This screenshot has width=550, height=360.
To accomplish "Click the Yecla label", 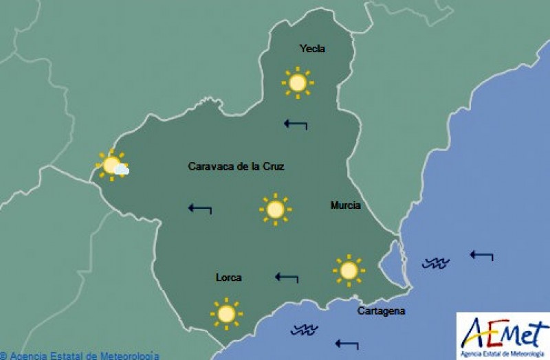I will pos(312,49).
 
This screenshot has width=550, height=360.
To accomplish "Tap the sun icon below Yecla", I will pos(297,83).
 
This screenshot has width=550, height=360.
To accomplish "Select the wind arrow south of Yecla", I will pos(296,124).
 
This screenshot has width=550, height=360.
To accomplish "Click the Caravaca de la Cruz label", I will pos(236,166).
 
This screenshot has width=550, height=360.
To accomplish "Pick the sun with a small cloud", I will pos(112,166).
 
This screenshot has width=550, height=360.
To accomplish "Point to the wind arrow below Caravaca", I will pos(200,207).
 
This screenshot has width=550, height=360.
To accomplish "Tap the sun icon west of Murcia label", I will pos(275,210).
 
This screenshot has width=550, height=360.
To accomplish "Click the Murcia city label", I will pos(345,205).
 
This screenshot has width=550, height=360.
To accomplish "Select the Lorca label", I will pos(228,278).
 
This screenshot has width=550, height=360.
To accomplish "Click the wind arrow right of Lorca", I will pos(287,278).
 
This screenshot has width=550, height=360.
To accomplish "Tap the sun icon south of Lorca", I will pos(226,314).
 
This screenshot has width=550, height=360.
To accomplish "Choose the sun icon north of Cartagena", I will pos(349,271).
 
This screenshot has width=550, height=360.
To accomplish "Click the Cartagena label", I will pos(381,311).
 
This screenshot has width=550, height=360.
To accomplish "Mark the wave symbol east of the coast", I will pos(435,262).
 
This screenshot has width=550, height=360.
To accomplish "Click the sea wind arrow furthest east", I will pos(481,256).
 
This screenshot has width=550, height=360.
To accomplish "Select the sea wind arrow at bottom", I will pos(346,344).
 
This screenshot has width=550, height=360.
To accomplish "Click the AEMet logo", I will pos(503,333).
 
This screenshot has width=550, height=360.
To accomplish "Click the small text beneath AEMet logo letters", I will pos(503,353).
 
